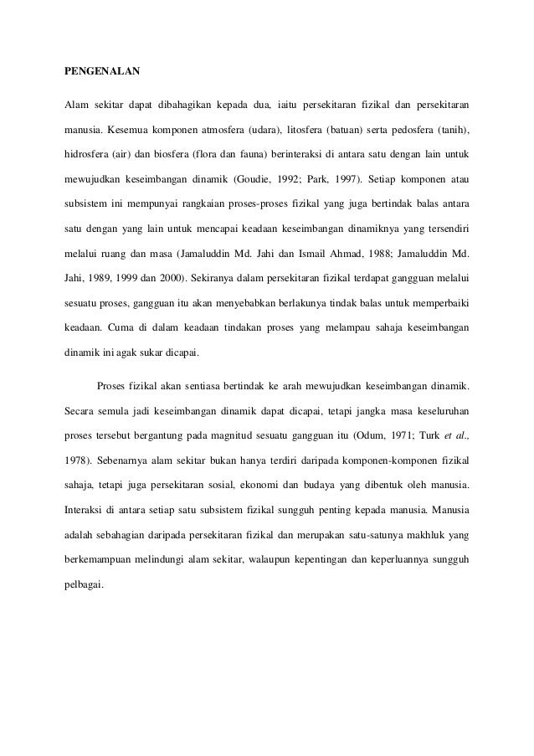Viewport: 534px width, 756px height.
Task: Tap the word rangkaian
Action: tap(215, 201)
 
